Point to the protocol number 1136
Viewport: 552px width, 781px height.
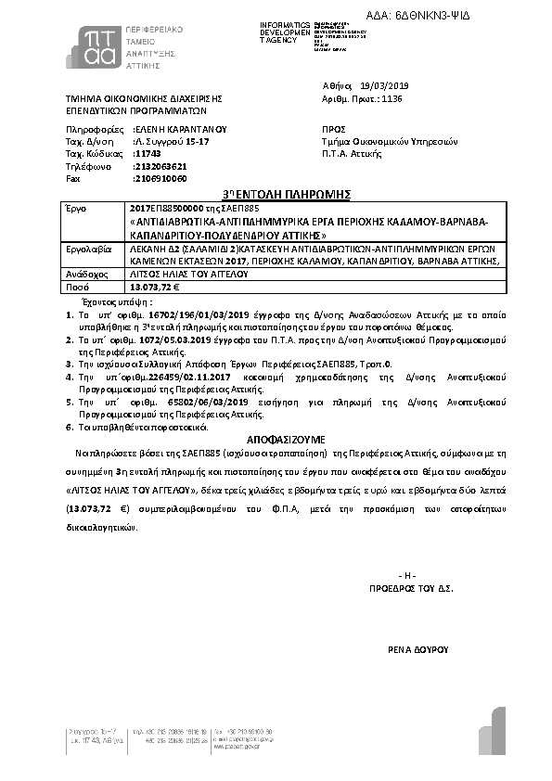tap(392, 96)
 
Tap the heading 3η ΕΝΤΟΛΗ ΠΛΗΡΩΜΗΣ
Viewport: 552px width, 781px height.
tap(279, 194)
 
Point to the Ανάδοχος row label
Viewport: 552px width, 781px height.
tap(83, 275)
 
